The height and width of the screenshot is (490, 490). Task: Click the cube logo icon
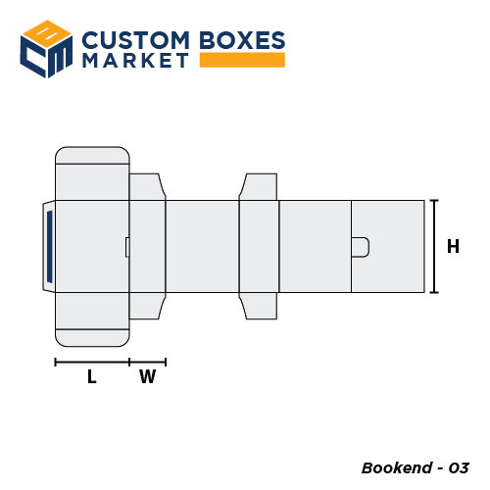[47, 48]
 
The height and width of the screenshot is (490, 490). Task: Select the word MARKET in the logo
[135, 61]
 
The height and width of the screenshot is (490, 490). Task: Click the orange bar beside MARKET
[241, 61]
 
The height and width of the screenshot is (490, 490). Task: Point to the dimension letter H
[453, 247]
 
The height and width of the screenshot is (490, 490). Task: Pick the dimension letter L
[91, 376]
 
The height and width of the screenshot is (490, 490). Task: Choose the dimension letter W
[147, 376]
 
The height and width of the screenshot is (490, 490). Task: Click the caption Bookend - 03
[416, 466]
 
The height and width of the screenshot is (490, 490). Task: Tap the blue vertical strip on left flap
[49, 246]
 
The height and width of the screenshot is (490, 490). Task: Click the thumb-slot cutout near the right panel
[360, 247]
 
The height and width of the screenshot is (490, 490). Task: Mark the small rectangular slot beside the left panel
[126, 247]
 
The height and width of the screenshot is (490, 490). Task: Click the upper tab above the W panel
[146, 186]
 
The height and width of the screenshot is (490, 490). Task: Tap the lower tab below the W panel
[146, 306]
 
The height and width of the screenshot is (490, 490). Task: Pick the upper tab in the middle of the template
[259, 186]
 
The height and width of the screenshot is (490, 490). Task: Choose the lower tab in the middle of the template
[259, 306]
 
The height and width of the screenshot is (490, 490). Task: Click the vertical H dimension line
[434, 246]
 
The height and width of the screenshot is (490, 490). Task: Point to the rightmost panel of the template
[388, 246]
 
